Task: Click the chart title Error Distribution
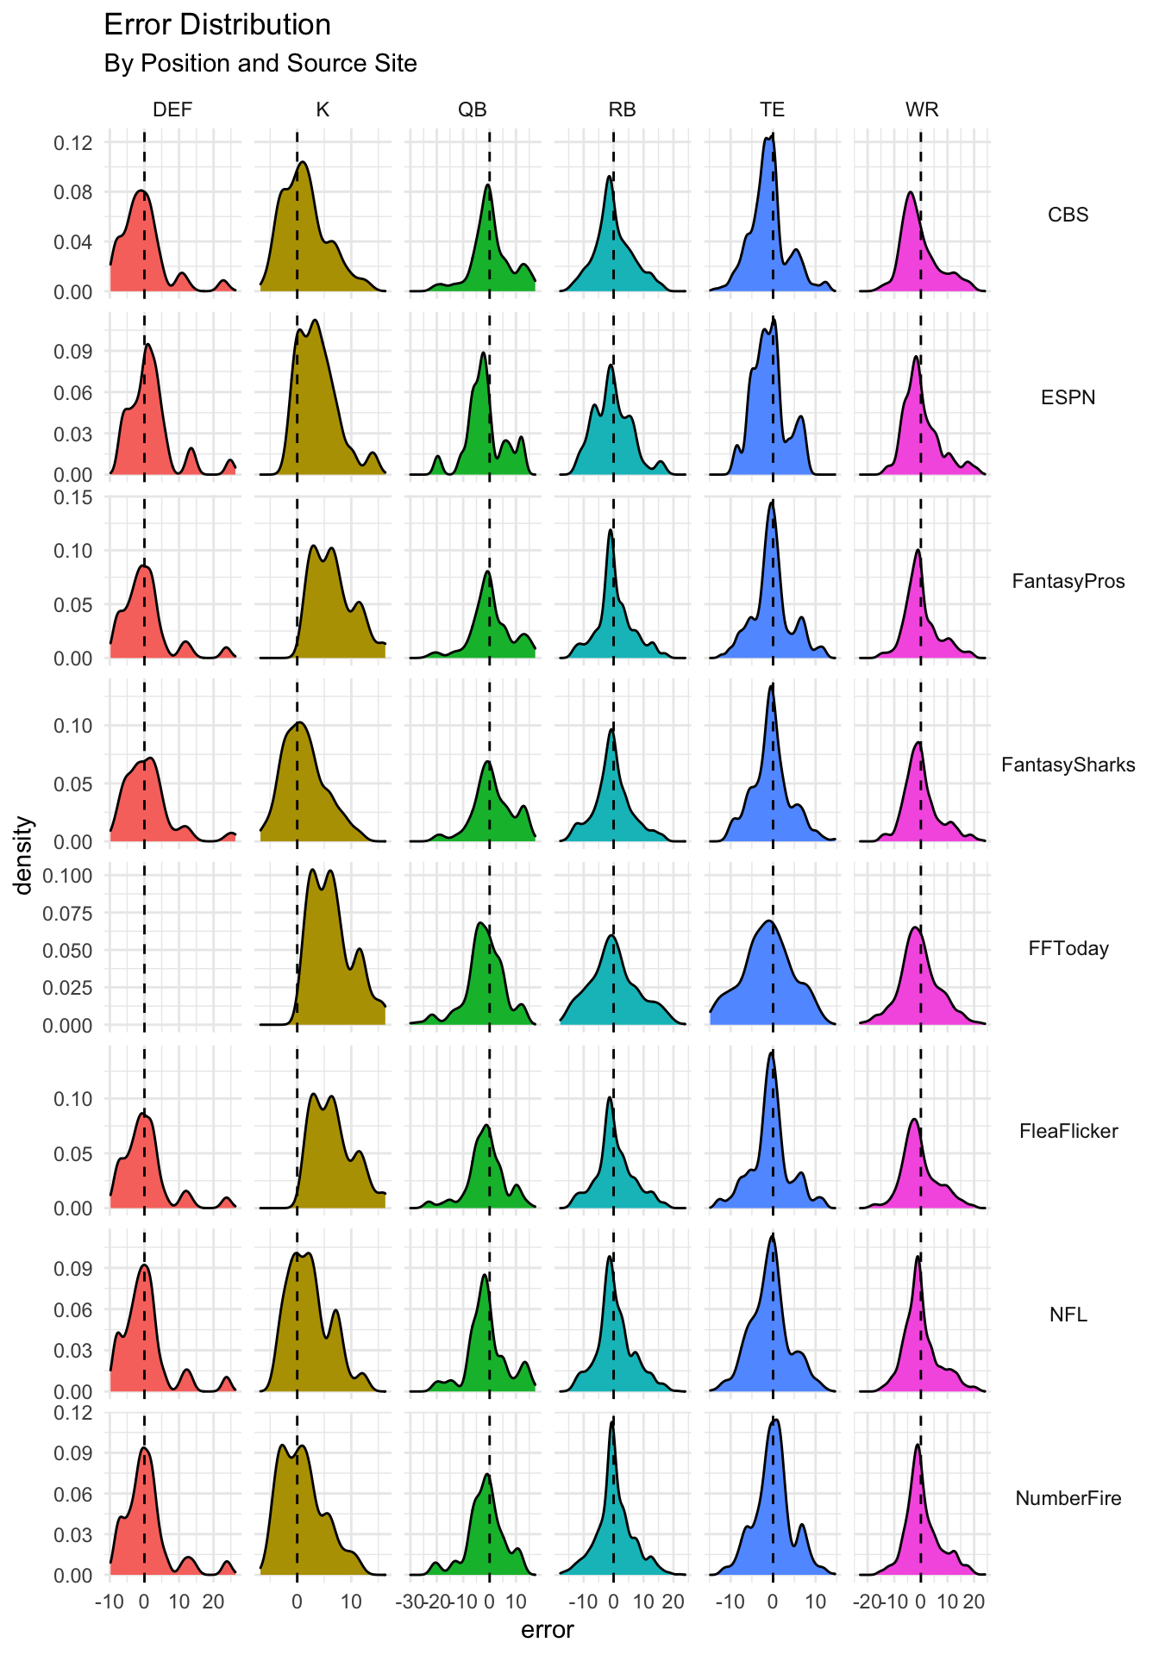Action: coord(217,26)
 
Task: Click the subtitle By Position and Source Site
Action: coord(260,64)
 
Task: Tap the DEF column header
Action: coord(172,109)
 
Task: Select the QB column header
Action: coord(473,109)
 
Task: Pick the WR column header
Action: coord(922,109)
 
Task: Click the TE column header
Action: coord(772,109)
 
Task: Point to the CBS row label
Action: coord(1068,215)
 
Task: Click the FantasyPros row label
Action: coord(1068,581)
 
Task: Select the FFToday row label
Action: coord(1068,948)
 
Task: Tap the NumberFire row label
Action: coord(1068,1498)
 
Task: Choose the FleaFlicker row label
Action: coord(1068,1131)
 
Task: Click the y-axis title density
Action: coord(24,855)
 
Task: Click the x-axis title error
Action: coord(548,1630)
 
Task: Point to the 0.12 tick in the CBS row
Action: coord(73,142)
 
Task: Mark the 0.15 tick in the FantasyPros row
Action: coord(73,497)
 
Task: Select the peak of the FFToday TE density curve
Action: coord(768,921)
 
